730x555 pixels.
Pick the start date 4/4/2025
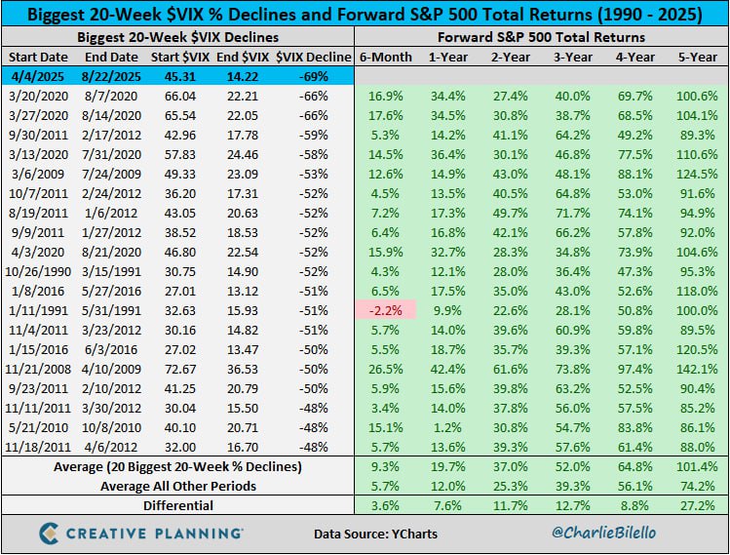click(x=36, y=77)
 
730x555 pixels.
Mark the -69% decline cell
click(x=313, y=77)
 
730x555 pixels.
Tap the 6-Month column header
click(x=387, y=58)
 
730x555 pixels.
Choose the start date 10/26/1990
click(x=37, y=269)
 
